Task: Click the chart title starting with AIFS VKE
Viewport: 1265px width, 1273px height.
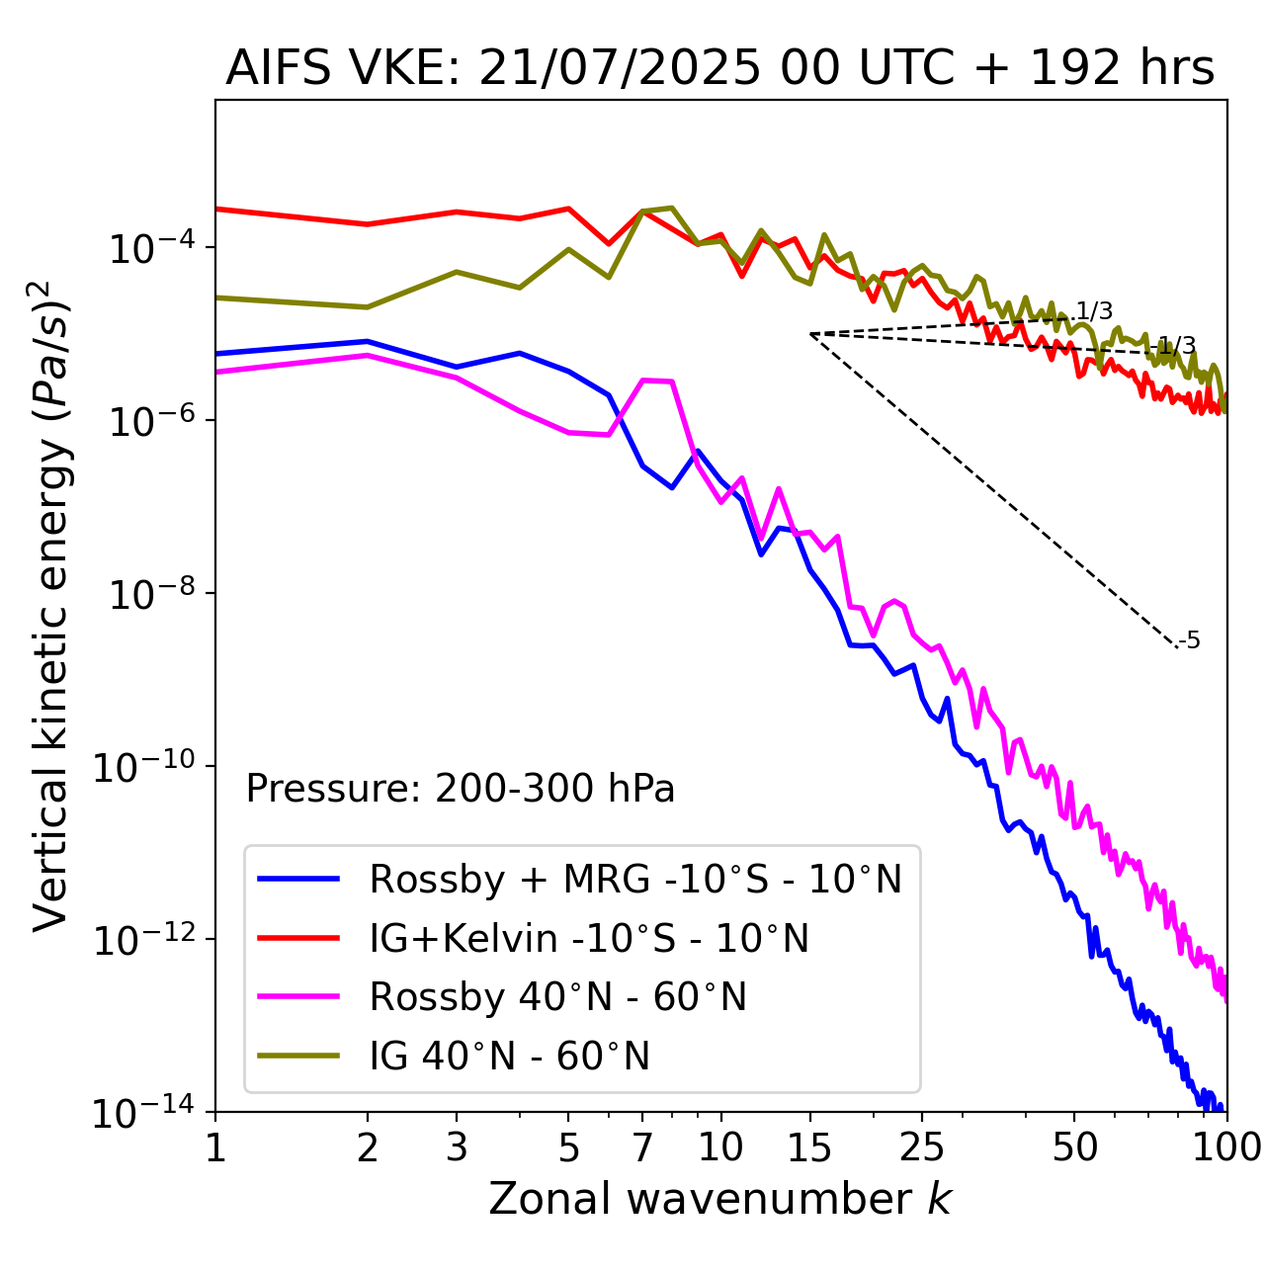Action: (x=719, y=68)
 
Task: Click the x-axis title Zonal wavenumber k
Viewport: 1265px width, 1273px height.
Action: (x=719, y=1198)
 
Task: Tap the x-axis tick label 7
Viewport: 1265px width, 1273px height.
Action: (x=642, y=1146)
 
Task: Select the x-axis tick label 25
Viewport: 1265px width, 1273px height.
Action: (x=921, y=1146)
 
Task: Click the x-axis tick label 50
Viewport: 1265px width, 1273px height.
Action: (x=1074, y=1146)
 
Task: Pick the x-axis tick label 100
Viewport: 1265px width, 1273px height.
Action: (x=1225, y=1146)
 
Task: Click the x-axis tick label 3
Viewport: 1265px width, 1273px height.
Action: (x=457, y=1146)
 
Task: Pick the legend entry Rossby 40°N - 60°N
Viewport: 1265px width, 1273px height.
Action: (x=557, y=997)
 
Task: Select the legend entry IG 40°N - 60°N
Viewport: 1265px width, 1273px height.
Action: (x=509, y=1057)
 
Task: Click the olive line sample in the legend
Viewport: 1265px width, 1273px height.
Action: (x=298, y=1056)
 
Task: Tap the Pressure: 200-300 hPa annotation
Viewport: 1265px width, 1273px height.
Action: (x=460, y=789)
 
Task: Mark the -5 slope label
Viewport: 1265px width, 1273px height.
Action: (x=1190, y=640)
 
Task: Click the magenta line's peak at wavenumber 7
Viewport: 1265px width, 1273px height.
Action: (x=644, y=380)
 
